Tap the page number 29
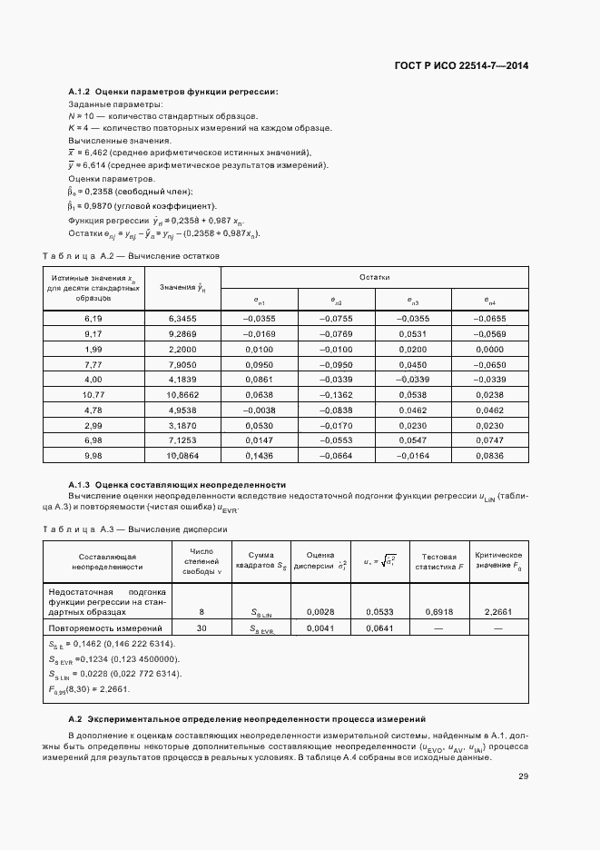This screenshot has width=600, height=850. click(523, 776)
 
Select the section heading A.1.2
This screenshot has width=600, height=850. click(173, 92)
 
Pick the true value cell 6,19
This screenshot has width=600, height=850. click(93, 319)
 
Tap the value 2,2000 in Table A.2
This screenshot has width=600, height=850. click(182, 349)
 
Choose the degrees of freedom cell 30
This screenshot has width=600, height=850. click(201, 628)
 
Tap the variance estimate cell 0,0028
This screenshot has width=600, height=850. click(321, 612)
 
